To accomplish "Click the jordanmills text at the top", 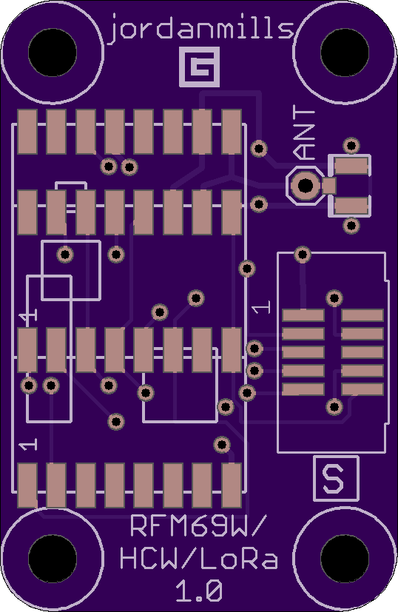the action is coord(201,29).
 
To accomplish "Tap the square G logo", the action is coord(200,67).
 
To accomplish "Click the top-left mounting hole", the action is coord(53,53).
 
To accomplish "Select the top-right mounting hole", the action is coord(345,53).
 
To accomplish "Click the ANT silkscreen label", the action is coord(304,134).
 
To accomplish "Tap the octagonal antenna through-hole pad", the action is coord(306,186).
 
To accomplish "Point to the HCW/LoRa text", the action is coord(199,559).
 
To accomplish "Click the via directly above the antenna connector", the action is coord(351,146).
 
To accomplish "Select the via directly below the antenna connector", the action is coord(351,225).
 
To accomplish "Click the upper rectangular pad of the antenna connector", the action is coord(351,166).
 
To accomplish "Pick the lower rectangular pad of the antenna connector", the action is coord(351,206).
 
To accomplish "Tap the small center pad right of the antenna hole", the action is coord(329,186).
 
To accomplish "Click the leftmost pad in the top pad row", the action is coord(27,132).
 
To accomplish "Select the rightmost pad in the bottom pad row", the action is coord(232,485).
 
